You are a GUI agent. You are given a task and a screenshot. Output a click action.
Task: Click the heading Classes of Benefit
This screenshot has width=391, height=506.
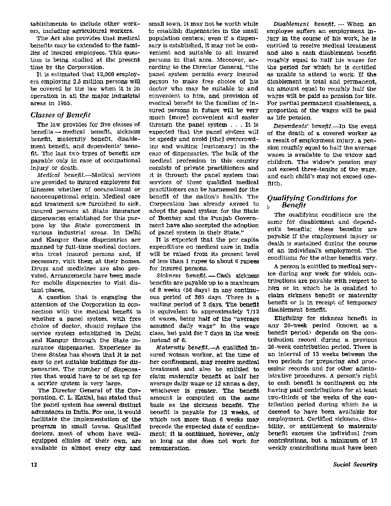pos(61,114)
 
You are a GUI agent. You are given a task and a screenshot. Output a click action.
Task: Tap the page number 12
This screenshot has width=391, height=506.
pos(34,465)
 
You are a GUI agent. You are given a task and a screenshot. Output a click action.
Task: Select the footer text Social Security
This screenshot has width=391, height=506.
pos(355,465)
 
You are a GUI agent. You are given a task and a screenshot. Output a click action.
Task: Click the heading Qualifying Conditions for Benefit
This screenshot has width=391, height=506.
pos(312,201)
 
